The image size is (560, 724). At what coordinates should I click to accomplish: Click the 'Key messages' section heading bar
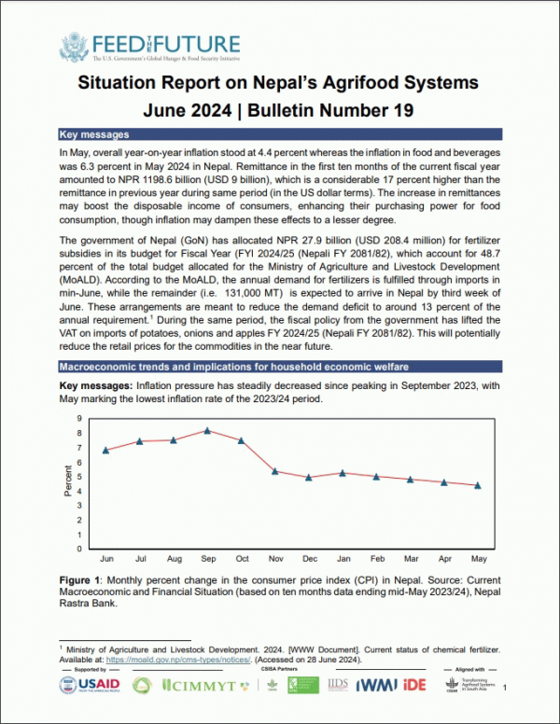point(280,134)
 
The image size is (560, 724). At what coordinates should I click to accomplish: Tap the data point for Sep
point(207,430)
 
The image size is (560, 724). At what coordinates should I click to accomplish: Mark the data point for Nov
point(274,471)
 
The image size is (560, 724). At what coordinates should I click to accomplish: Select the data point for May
point(478,485)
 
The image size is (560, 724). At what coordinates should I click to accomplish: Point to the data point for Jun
point(106,450)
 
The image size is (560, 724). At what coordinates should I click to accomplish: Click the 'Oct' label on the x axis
point(241,558)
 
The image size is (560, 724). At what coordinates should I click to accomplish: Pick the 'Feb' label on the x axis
point(376,558)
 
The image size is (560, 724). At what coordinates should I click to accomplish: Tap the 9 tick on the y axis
point(80,419)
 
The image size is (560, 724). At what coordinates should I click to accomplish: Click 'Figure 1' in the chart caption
point(79,580)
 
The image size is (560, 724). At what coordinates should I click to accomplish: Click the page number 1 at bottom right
point(504,688)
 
